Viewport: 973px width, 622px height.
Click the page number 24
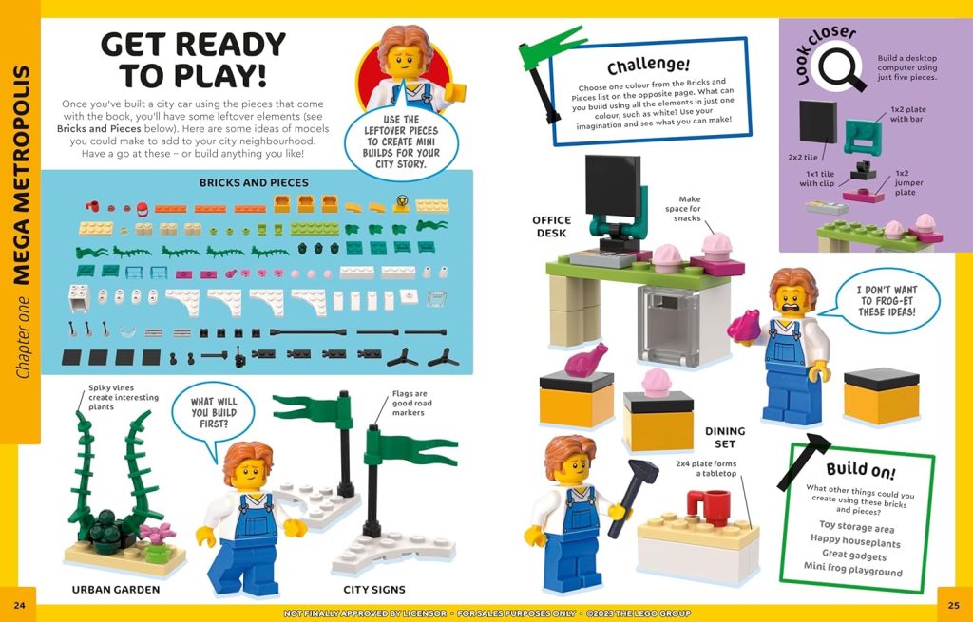click(19, 604)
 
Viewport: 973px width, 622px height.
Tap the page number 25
click(953, 604)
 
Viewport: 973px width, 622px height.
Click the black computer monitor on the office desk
click(612, 187)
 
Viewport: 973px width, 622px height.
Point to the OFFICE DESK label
click(551, 227)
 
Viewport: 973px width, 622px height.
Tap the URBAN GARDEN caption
click(117, 590)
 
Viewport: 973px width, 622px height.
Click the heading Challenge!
click(648, 65)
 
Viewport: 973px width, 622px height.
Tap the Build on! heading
click(860, 469)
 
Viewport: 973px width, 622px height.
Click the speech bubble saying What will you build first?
click(214, 414)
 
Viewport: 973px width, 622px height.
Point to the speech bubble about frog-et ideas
click(886, 299)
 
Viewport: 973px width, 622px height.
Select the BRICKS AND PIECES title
click(254, 182)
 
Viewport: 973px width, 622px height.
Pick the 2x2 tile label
click(804, 156)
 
